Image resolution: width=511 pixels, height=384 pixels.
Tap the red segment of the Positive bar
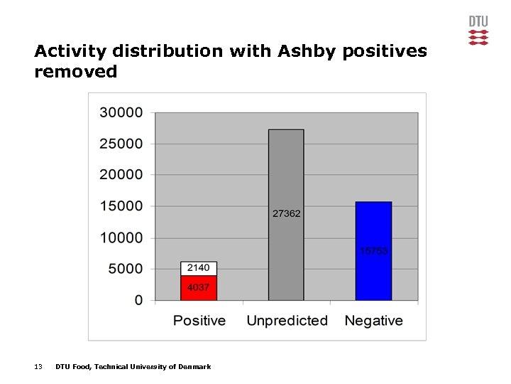[199, 288]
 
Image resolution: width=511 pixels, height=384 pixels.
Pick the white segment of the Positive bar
[199, 268]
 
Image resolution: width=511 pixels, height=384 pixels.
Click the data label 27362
[287, 213]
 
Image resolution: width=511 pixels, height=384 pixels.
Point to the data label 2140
[199, 268]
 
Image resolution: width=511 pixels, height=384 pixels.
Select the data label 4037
[199, 288]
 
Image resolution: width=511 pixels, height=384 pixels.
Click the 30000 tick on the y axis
[121, 112]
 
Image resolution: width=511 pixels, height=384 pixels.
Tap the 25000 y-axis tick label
[121, 144]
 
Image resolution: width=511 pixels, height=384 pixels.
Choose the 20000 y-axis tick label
[121, 175]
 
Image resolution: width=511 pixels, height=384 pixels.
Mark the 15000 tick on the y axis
[121, 206]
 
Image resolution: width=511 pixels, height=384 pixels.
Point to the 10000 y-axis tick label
[121, 238]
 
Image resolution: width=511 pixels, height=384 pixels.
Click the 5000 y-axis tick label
[125, 269]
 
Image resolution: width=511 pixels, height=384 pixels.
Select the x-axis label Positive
[199, 321]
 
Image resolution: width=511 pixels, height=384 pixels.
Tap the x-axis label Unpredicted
[287, 321]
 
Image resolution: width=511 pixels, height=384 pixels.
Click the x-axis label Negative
[373, 321]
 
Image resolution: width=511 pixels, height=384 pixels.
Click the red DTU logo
[478, 31]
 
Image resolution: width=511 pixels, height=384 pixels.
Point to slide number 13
[38, 367]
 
